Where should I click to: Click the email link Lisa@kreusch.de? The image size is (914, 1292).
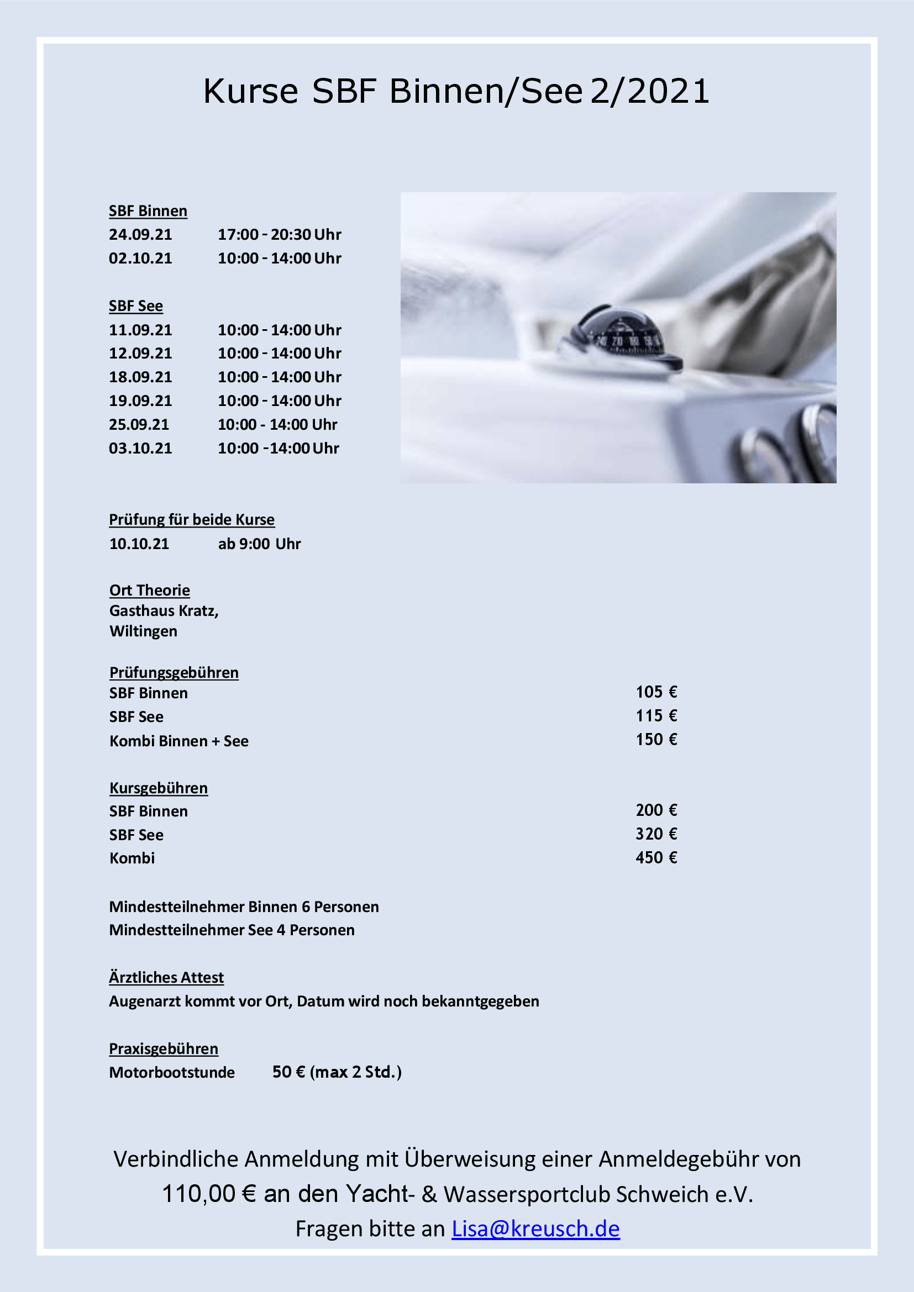pyautogui.click(x=535, y=1229)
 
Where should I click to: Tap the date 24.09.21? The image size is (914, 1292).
pyautogui.click(x=140, y=234)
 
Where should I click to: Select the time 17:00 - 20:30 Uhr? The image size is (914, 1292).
pyautogui.click(x=279, y=234)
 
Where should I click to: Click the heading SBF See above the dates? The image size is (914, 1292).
pyautogui.click(x=135, y=306)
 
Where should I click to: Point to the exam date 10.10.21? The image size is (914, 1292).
pyautogui.click(x=139, y=544)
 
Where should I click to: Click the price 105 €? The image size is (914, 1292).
pyautogui.click(x=656, y=692)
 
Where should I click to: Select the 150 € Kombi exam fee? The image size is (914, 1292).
pyautogui.click(x=656, y=740)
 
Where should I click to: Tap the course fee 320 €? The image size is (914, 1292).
pyautogui.click(x=656, y=834)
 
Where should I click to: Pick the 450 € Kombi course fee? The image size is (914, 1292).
pyautogui.click(x=656, y=858)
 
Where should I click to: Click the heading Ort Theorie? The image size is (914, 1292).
pyautogui.click(x=149, y=590)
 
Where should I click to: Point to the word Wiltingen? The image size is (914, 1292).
pyautogui.click(x=143, y=631)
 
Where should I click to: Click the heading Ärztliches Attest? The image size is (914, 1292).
pyautogui.click(x=166, y=978)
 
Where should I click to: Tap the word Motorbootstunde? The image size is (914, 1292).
pyautogui.click(x=172, y=1073)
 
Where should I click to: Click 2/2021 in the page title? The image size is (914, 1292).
pyautogui.click(x=650, y=91)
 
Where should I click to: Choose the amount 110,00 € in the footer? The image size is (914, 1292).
pyautogui.click(x=209, y=1194)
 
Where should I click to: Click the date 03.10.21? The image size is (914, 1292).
pyautogui.click(x=140, y=449)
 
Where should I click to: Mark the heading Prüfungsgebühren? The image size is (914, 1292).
pyautogui.click(x=174, y=672)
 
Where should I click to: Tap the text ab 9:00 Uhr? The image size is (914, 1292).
pyautogui.click(x=260, y=544)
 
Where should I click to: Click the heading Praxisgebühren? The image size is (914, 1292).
pyautogui.click(x=163, y=1049)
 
